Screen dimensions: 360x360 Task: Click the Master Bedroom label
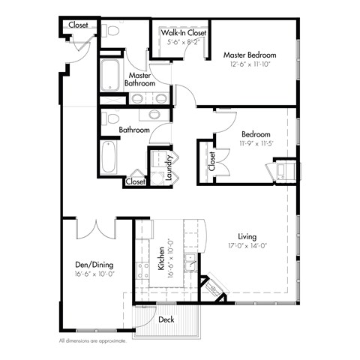click(249, 55)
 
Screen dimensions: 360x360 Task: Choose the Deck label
click(166, 319)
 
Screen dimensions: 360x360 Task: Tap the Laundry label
click(170, 163)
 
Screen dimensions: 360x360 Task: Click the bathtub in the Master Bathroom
click(111, 75)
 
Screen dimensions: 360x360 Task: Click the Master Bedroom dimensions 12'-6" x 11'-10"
click(249, 64)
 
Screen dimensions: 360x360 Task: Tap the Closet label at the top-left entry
click(78, 25)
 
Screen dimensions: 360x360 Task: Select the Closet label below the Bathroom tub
click(135, 181)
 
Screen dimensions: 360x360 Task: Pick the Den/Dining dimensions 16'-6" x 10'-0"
click(94, 274)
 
